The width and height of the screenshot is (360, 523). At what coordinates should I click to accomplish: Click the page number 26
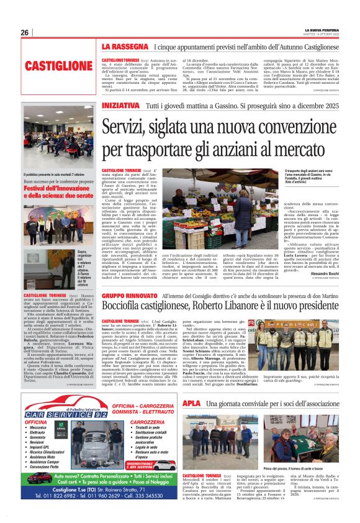coord(25,32)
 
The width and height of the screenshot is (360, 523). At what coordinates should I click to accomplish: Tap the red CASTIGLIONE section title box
coord(59,65)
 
